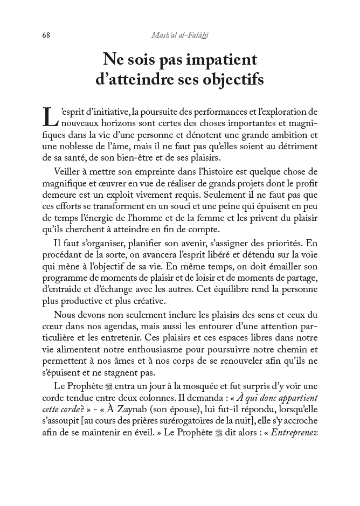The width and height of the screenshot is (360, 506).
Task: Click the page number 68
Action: point(46,35)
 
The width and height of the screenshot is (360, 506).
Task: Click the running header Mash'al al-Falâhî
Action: point(179,35)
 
